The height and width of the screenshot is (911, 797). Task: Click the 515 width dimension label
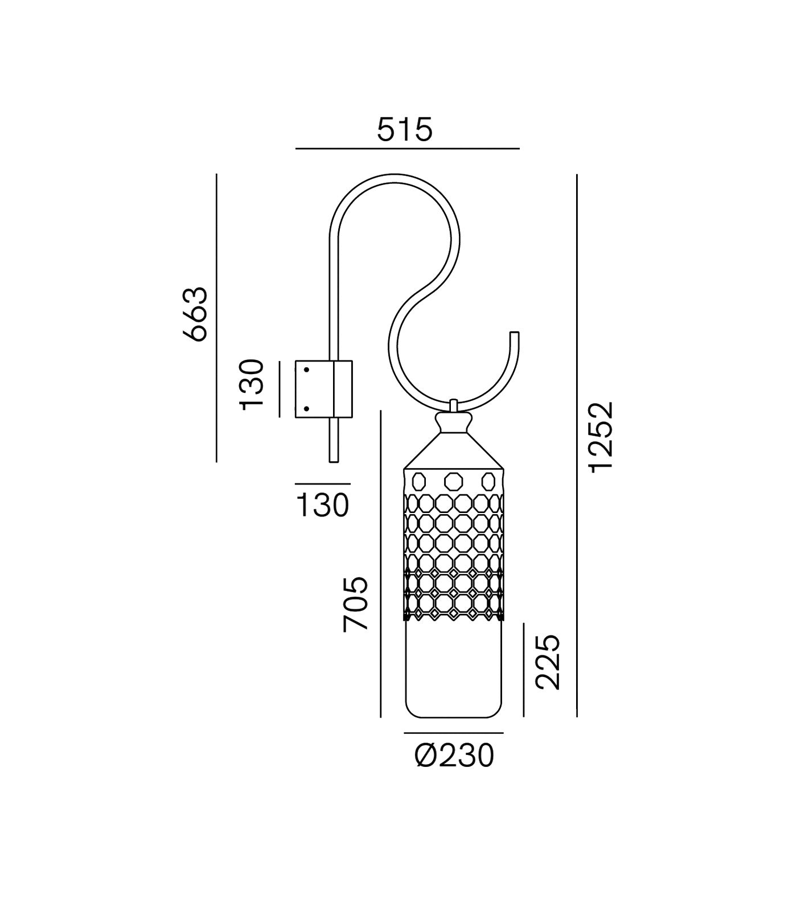pos(405,129)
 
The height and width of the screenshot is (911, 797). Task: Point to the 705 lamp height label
pos(356,604)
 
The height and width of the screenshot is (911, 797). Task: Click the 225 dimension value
pos(549,662)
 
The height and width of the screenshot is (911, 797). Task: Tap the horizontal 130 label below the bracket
pos(323,504)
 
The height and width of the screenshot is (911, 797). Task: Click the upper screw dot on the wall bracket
pos(306,370)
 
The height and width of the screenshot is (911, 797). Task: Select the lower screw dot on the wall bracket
pos(306,408)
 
